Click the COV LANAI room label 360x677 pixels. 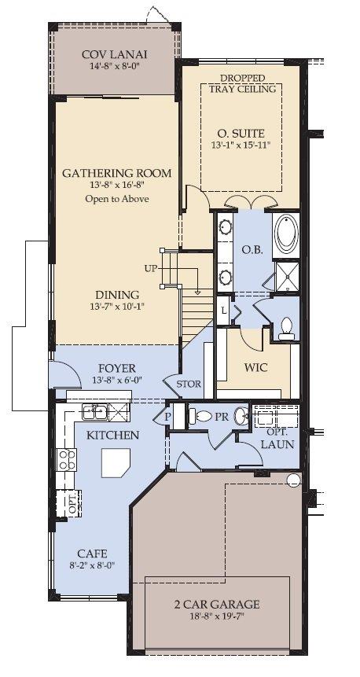115,55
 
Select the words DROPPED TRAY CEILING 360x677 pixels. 242,84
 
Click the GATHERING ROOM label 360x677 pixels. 117,173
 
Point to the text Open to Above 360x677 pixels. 117,199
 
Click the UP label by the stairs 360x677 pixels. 151,269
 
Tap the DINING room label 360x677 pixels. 117,295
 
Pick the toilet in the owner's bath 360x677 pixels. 286,329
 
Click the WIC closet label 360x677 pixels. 255,368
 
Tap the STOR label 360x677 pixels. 189,384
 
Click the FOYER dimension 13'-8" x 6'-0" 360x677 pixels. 117,380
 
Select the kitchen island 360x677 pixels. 116,463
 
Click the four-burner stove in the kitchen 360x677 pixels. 67,459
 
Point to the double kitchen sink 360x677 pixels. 94,412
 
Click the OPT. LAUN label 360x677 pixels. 277,438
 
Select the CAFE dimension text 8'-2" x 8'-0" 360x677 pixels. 93,565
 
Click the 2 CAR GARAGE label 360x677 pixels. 217,604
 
